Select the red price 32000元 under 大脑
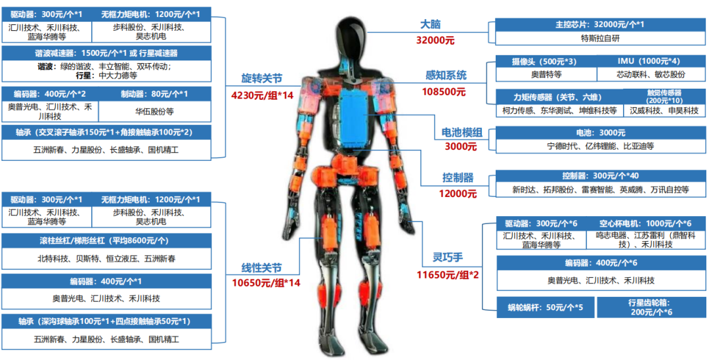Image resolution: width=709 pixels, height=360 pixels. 435,40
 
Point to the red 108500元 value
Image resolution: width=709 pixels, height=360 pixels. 444,91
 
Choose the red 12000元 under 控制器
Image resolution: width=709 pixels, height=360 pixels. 458,194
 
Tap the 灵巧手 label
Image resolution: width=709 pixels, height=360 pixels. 437,258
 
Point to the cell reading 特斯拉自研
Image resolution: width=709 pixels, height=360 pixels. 599,38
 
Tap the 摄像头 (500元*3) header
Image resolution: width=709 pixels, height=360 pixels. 547,61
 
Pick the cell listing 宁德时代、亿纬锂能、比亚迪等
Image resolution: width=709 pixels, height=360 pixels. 599,146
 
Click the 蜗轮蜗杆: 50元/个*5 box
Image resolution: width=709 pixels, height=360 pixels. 546,307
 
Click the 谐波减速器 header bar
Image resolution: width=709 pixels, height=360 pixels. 106,53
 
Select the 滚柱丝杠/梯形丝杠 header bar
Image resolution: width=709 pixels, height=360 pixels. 106,240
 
